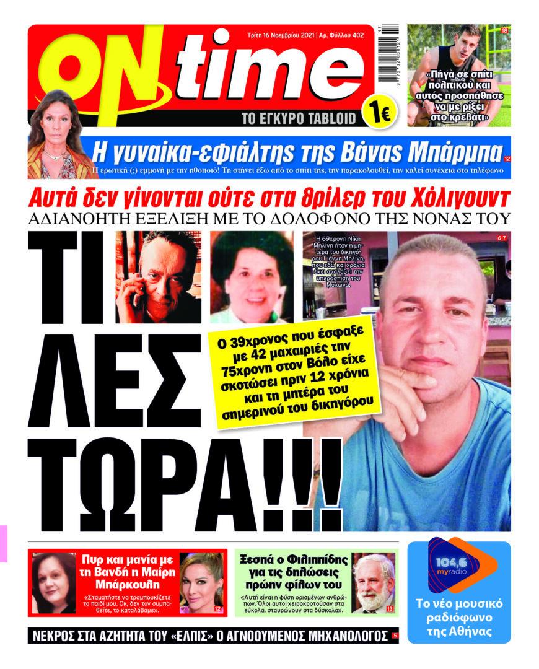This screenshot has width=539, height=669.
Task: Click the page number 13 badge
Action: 389,610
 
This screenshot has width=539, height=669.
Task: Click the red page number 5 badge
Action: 395,636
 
